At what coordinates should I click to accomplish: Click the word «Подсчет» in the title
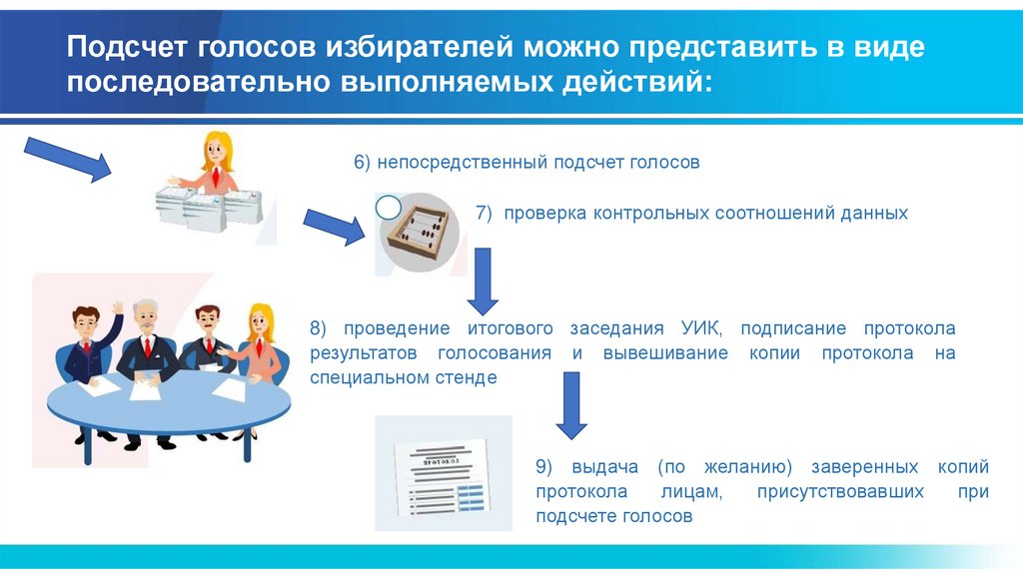point(127,47)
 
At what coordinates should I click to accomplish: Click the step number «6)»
point(362,162)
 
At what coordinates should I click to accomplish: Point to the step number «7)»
point(484,213)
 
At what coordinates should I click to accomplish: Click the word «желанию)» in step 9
point(750,467)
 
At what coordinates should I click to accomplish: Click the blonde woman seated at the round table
point(258,339)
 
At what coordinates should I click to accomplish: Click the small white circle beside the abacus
point(388,208)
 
